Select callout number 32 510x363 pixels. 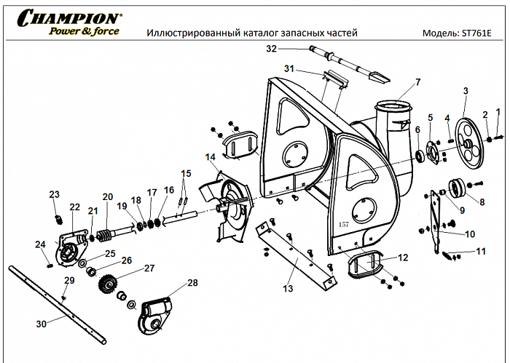pos(272,49)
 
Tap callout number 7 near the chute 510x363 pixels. pos(417,81)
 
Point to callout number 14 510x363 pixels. pos(210,157)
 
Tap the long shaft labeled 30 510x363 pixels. pos(58,306)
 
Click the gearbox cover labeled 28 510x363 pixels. pos(157,313)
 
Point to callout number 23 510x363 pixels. pos(54,194)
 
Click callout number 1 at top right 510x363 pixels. pos(498,111)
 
